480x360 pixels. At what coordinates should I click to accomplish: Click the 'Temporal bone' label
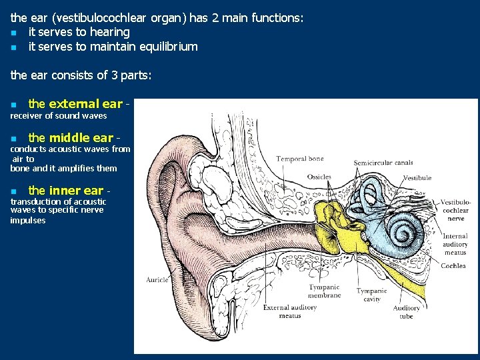(x=299, y=159)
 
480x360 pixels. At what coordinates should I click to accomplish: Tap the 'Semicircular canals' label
(x=383, y=163)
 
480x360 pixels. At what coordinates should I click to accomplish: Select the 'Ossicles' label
(x=319, y=177)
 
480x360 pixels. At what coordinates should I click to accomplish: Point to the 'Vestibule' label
(x=417, y=178)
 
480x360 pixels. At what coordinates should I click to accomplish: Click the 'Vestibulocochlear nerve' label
(x=455, y=210)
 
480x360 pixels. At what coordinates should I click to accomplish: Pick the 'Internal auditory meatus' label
(x=455, y=244)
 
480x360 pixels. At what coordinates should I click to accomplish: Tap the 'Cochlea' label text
(x=453, y=266)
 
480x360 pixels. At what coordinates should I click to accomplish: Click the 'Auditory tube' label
(x=406, y=312)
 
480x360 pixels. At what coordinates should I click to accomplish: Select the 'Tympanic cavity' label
(x=371, y=295)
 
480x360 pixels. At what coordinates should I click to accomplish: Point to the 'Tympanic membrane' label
(x=324, y=291)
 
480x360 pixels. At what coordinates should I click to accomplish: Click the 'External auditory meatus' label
(x=289, y=311)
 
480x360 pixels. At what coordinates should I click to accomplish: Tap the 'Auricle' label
(x=157, y=280)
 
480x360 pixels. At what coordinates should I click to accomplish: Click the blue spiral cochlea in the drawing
(x=404, y=231)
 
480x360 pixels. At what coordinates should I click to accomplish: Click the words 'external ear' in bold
(x=85, y=104)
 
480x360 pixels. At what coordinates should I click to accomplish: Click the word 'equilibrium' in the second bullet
(x=168, y=47)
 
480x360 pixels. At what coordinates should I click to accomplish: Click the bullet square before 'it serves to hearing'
(x=13, y=33)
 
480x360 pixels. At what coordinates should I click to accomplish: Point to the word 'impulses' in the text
(x=28, y=220)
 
